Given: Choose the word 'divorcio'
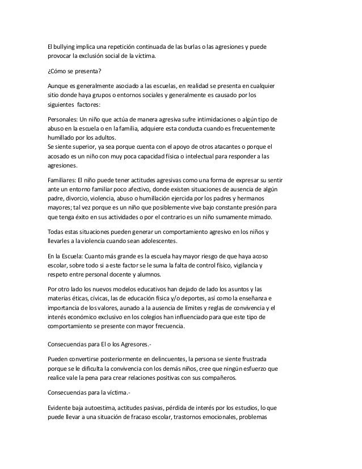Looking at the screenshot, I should pyautogui.click(x=74, y=199).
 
